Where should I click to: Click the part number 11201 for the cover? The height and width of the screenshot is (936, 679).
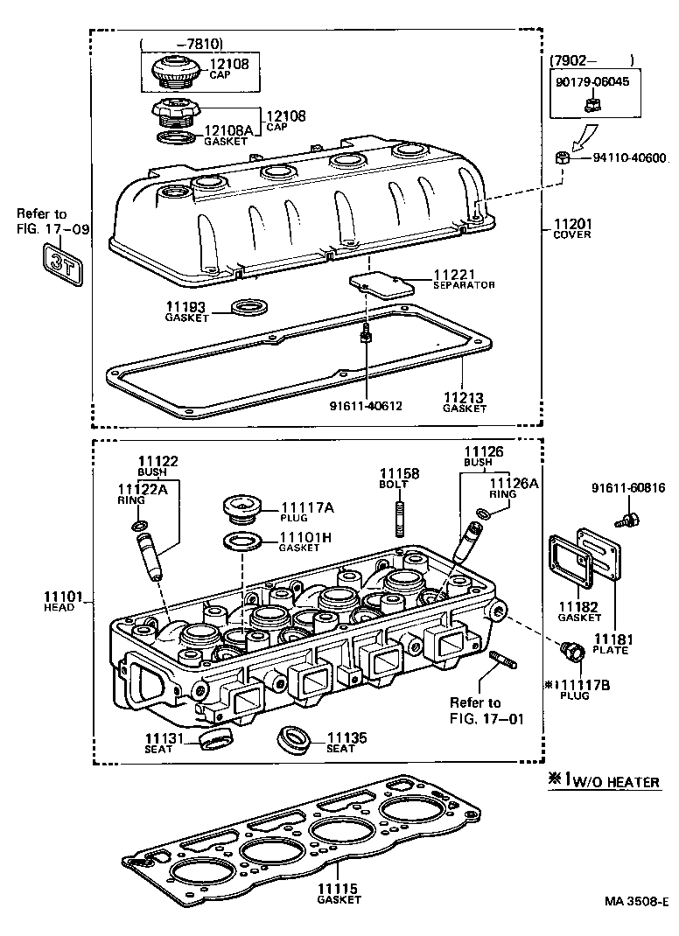click(x=571, y=223)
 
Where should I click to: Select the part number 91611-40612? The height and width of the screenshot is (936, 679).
click(x=366, y=406)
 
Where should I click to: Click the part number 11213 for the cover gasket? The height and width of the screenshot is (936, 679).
click(x=463, y=396)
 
